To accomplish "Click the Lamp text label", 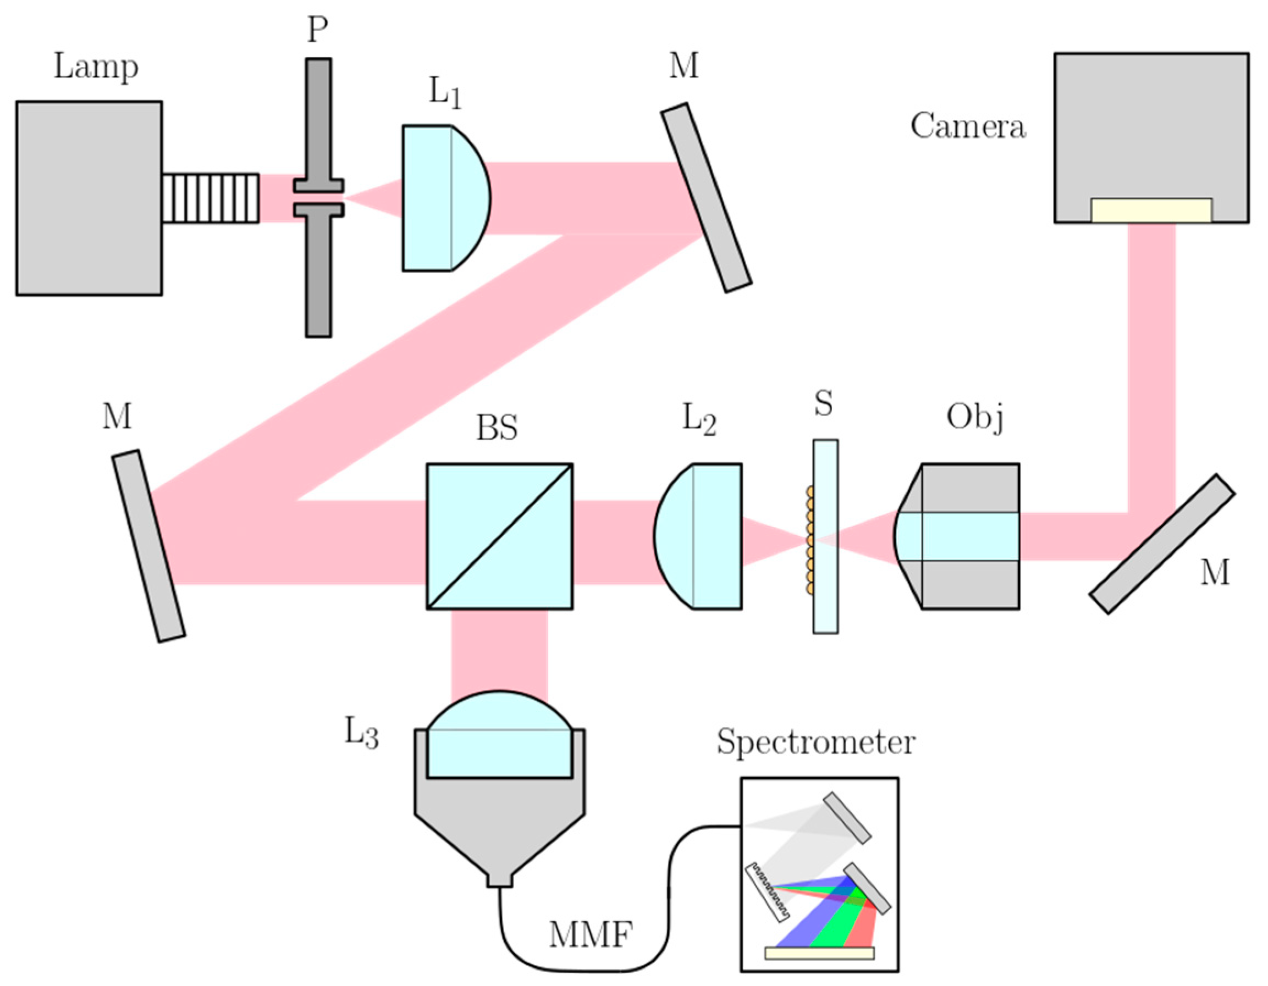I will [x=96, y=67].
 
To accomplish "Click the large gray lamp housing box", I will [x=89, y=198].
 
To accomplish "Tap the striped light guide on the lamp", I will [x=210, y=198].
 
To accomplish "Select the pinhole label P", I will [x=317, y=29].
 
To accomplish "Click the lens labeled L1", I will [x=444, y=198].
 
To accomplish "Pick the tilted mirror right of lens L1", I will [x=707, y=198].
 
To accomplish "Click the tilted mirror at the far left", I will [x=148, y=546].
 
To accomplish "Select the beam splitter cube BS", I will [x=499, y=536].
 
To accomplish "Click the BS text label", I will [x=497, y=428].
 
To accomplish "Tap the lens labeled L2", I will [x=699, y=536].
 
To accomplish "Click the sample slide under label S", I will [x=825, y=536].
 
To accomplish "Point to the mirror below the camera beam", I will [x=1161, y=544].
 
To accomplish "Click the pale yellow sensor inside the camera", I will [x=1151, y=210].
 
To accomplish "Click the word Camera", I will [x=968, y=126].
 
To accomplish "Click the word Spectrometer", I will [x=815, y=741].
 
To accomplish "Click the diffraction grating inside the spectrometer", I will [x=768, y=893].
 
